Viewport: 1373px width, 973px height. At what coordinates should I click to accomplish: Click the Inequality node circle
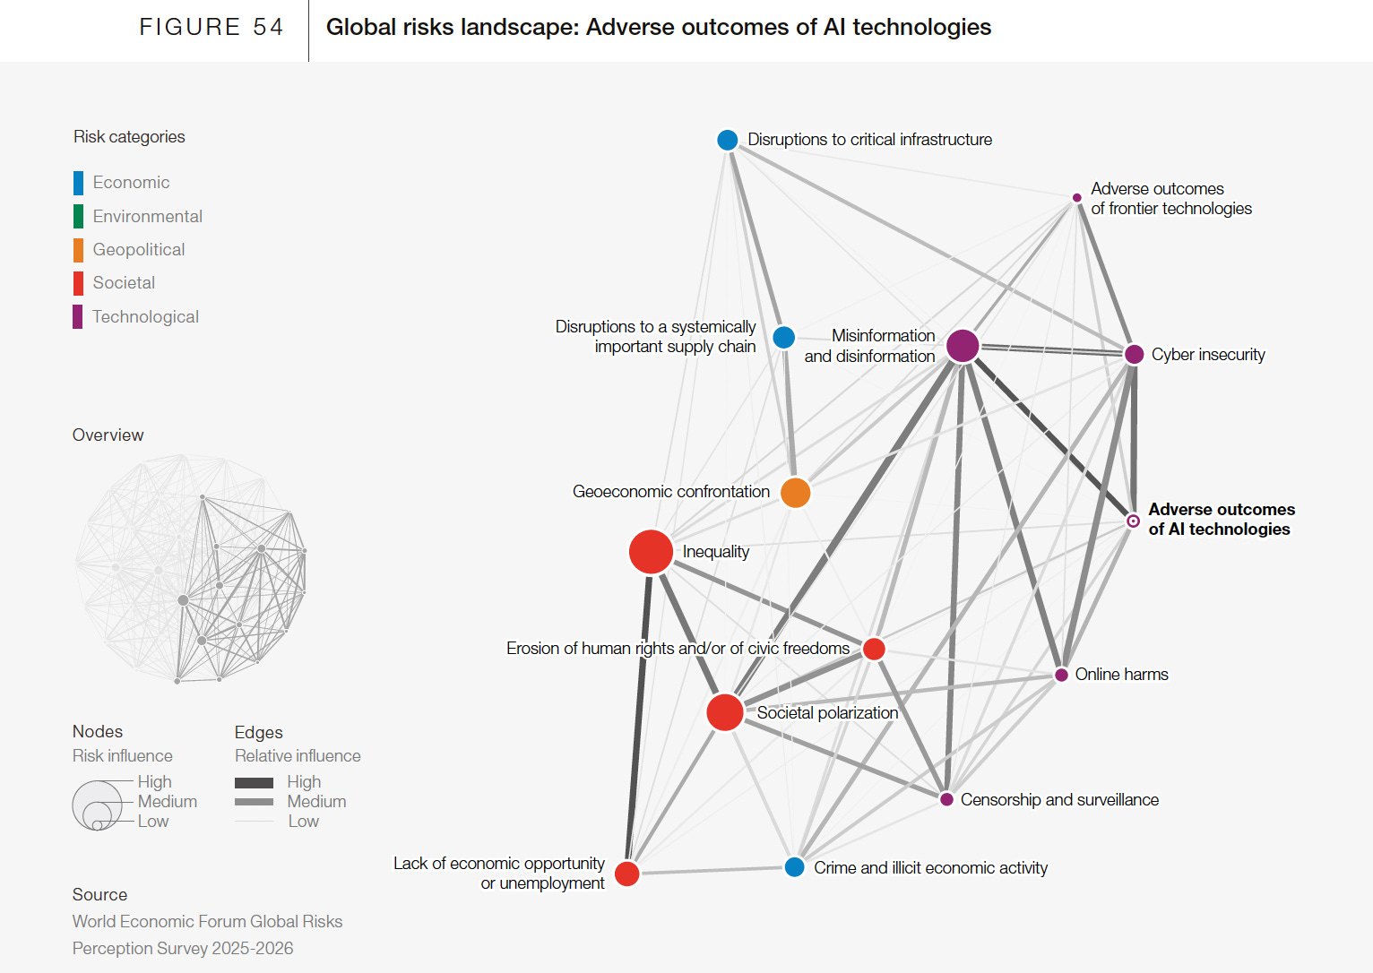coord(651,551)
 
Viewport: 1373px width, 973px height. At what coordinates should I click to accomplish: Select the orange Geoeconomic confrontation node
coord(795,492)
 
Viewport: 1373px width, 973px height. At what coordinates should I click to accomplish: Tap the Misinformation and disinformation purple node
coord(963,345)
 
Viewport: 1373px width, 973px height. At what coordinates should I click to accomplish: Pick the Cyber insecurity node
coord(1134,354)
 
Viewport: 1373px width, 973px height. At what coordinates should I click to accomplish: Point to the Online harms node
coord(1061,675)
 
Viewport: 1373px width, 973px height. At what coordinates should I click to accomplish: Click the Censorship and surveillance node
coord(946,799)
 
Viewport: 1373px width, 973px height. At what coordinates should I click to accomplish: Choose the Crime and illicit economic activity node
coord(794,867)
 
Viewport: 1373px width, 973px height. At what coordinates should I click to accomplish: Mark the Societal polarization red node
coord(724,712)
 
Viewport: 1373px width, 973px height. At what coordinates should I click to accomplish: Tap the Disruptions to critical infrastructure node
coord(728,140)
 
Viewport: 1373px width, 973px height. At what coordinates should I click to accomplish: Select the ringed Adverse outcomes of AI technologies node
coord(1133,521)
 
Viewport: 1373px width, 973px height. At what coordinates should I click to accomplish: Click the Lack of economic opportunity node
coord(627,873)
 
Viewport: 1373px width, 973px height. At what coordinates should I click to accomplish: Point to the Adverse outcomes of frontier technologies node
coord(1077,198)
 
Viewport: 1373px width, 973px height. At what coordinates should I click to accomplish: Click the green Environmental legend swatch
coord(78,216)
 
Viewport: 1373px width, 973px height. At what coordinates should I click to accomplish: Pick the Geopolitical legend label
coord(139,249)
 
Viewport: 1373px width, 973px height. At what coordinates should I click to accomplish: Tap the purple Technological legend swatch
coord(78,317)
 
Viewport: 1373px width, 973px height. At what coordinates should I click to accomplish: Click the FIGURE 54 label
coord(211,27)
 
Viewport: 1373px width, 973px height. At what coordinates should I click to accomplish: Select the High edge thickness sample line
coord(254,782)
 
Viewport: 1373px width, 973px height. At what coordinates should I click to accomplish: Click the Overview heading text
coord(108,435)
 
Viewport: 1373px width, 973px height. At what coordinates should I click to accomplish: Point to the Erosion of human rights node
coord(874,649)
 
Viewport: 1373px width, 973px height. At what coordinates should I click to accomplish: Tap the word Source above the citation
coord(99,894)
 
